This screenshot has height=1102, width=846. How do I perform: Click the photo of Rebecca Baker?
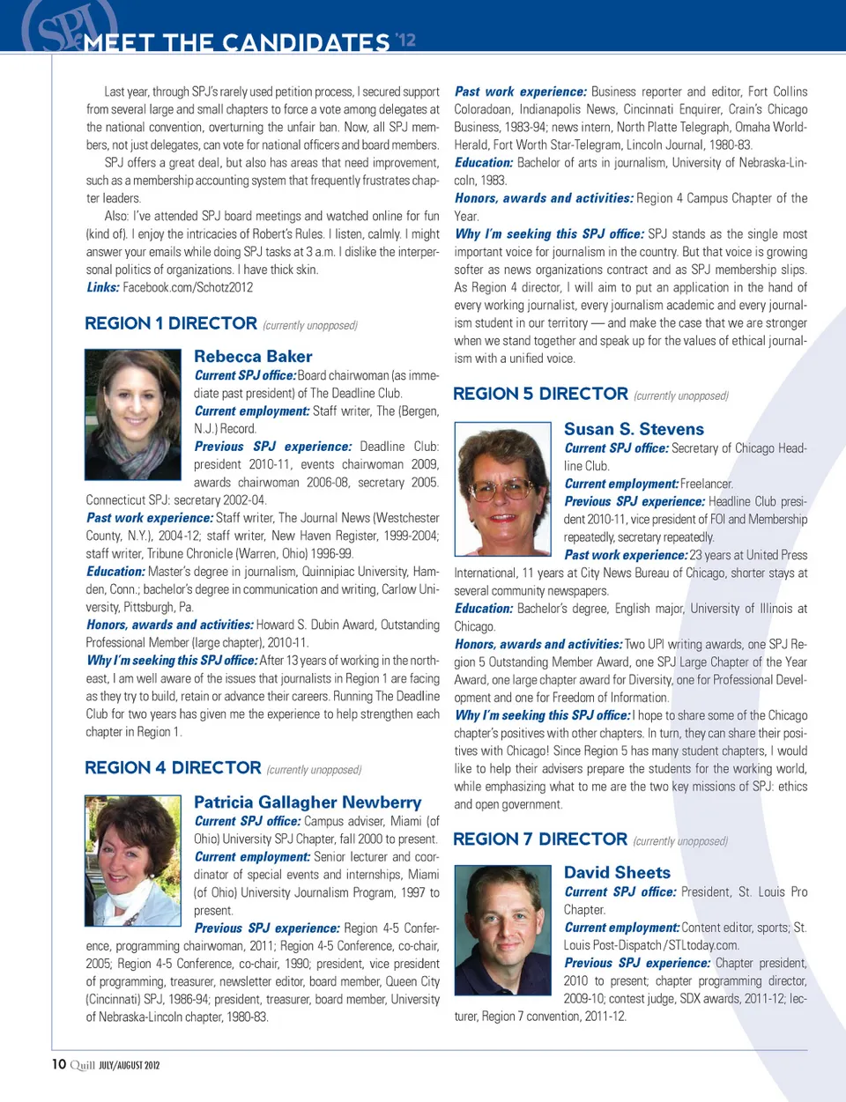132,414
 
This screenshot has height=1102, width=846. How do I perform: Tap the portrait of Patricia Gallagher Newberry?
132,860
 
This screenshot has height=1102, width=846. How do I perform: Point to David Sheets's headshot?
502,930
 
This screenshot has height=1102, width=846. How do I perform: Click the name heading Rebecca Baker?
253,357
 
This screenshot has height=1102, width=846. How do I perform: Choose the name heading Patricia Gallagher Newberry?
308,802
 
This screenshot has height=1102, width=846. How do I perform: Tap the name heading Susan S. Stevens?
634,430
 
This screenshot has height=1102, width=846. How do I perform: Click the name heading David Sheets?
617,873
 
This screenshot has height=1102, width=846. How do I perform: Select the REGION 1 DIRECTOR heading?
171,324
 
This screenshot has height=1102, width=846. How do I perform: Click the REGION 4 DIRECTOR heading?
173,768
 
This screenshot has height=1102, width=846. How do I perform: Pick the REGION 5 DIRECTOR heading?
540,395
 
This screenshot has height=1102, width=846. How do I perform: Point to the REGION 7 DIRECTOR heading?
540,839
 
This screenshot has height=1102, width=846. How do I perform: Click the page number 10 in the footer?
59,1064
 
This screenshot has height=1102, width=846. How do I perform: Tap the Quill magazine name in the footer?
82,1065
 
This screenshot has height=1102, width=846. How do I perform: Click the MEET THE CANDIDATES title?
236,42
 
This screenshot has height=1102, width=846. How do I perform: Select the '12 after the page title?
405,40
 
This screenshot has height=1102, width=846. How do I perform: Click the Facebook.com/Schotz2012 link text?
188,288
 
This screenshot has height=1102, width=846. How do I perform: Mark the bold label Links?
102,288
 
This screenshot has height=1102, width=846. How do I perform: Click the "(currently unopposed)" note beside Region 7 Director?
680,841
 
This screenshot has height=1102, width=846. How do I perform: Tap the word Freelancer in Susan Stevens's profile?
707,484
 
